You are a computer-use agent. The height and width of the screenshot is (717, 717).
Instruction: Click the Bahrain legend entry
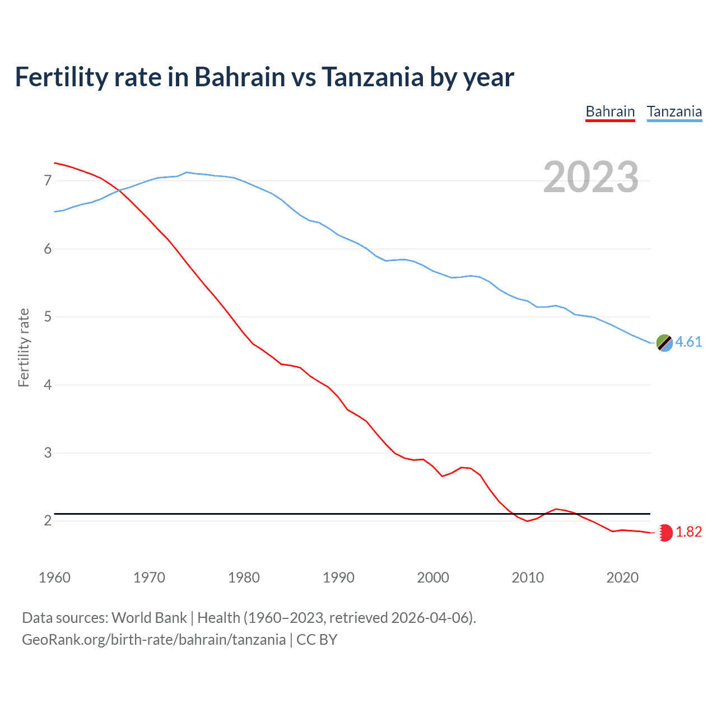(610, 111)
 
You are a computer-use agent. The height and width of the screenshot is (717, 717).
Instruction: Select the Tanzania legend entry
(674, 111)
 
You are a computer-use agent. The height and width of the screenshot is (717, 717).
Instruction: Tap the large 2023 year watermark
(590, 177)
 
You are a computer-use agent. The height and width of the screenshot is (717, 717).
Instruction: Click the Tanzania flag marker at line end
(664, 342)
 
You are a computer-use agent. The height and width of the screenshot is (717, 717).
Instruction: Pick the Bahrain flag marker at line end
(664, 532)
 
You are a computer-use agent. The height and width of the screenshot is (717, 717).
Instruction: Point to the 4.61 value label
(688, 342)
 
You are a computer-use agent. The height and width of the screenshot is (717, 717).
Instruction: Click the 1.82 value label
(688, 532)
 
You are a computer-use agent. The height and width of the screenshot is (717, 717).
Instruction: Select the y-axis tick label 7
(48, 180)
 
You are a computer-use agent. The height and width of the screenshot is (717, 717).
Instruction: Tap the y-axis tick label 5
(48, 317)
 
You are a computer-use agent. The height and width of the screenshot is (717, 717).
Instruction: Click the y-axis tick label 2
(48, 521)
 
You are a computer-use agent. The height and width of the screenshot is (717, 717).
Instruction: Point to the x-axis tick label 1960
(54, 578)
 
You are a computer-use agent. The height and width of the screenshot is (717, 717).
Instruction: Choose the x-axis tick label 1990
(338, 578)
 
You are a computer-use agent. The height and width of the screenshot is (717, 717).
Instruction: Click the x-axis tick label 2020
(622, 578)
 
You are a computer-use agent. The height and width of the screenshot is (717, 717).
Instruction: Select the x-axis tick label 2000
(433, 578)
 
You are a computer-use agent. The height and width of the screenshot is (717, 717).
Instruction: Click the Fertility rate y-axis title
(24, 347)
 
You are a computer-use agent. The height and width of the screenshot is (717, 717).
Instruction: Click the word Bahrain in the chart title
(240, 77)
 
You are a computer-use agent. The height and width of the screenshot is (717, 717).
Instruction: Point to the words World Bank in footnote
(149, 618)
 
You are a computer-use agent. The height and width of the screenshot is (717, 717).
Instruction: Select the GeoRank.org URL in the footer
(153, 640)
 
